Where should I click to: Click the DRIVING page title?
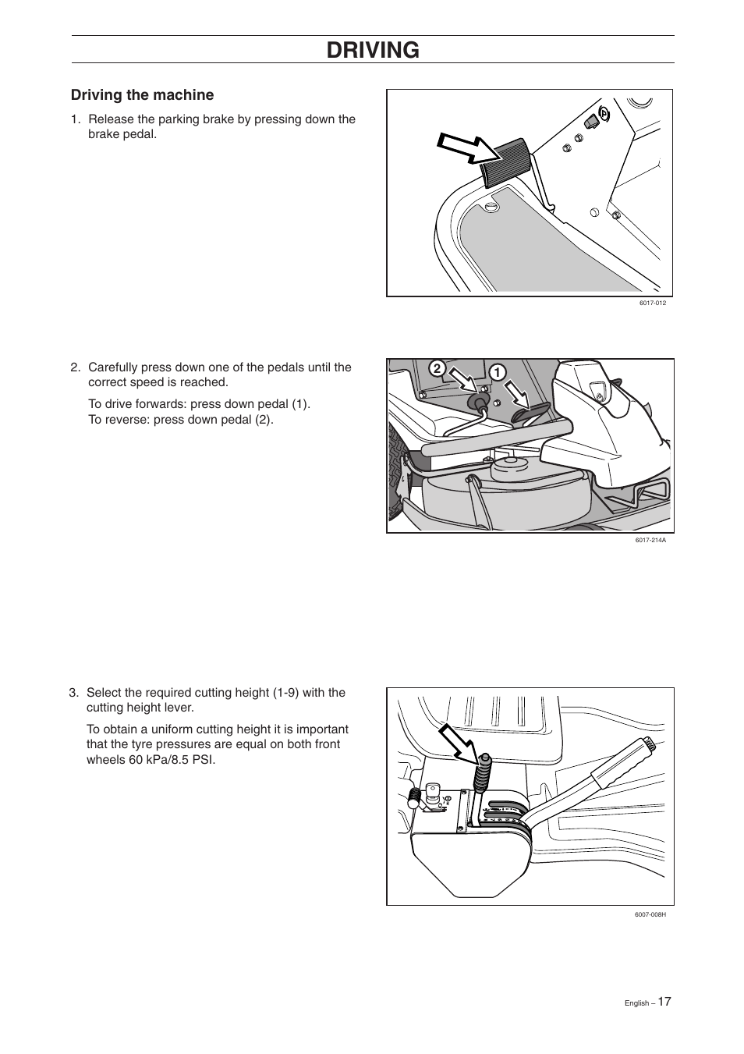click(373, 50)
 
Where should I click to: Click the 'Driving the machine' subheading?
click(142, 95)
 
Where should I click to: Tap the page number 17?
click(664, 1001)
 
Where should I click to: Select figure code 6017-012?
click(652, 303)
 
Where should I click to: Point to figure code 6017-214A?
click(650, 540)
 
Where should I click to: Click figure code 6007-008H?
click(650, 914)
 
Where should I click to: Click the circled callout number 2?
click(438, 368)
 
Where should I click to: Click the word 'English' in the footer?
click(636, 1003)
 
